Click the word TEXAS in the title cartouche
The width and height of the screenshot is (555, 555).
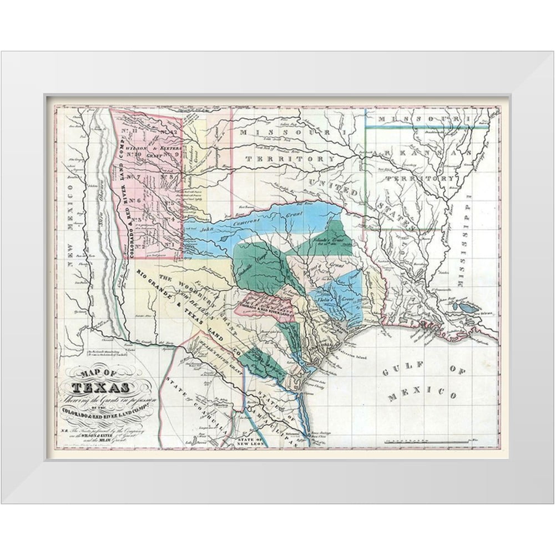coord(102,387)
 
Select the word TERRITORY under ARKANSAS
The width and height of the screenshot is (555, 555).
coord(426,179)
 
